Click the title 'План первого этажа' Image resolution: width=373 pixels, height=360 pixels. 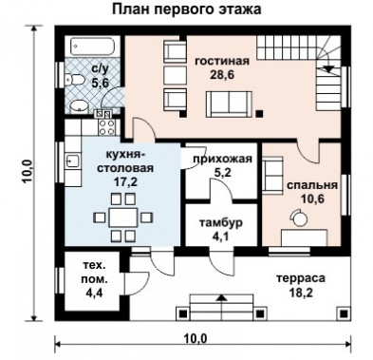[187, 9]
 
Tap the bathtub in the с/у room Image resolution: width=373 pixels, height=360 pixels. [92, 47]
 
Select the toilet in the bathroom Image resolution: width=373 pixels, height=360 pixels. [74, 80]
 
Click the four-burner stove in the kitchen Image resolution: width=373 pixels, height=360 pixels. [107, 127]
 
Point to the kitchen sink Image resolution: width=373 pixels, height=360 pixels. [73, 161]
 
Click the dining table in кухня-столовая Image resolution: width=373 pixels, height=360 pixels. [123, 218]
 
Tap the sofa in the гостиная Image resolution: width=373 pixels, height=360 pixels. [229, 104]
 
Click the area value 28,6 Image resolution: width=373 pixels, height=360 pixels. [222, 75]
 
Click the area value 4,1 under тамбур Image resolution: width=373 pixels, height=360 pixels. [221, 237]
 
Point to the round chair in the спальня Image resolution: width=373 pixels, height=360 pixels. [298, 218]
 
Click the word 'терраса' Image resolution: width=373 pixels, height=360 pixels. [301, 278]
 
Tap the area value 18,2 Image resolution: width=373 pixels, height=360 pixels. [301, 293]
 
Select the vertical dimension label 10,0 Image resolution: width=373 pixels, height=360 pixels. [28, 171]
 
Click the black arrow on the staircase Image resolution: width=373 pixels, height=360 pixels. [328, 68]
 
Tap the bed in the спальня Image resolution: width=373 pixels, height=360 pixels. [304, 237]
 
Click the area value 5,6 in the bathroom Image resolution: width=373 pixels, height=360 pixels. [101, 84]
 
